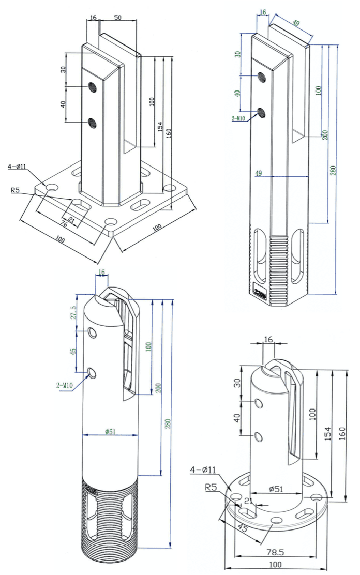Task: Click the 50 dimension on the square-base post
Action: (117, 17)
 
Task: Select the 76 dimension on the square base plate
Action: (64, 224)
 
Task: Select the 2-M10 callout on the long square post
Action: (239, 118)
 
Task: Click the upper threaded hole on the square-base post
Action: (93, 87)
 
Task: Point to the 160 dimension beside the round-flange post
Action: (342, 435)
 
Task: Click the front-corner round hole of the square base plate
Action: (110, 222)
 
